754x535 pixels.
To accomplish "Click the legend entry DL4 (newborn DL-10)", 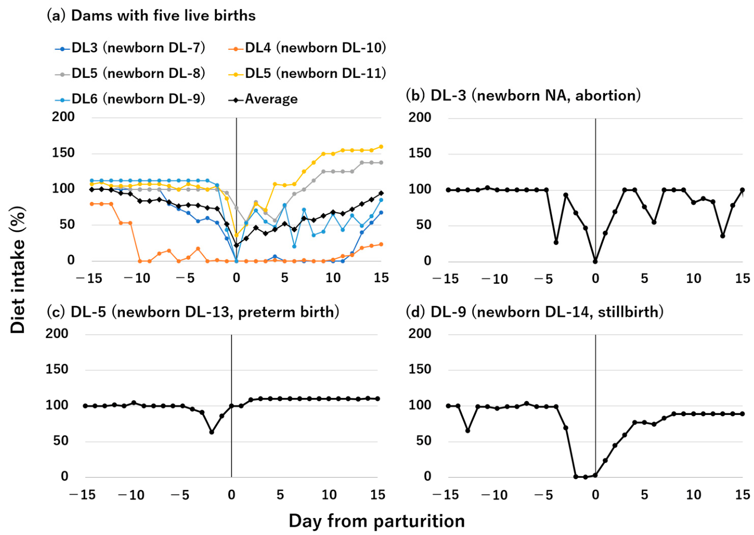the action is point(307,48).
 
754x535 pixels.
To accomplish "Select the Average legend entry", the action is point(263,99).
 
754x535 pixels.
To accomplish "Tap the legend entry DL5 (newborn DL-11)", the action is point(307,73).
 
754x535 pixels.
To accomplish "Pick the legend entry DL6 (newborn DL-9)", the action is point(130,99).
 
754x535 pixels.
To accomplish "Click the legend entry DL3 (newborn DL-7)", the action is point(130,48).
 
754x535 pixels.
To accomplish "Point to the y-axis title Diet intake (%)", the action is point(17,270).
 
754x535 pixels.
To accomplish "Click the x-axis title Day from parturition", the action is point(376,521).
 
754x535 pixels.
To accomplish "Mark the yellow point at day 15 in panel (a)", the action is point(381,147).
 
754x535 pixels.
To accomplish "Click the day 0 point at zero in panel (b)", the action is point(595,261).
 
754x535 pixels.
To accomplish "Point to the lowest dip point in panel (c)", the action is point(212,432).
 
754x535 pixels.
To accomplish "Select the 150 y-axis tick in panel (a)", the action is point(63,153).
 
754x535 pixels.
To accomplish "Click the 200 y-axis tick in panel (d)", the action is point(420,333).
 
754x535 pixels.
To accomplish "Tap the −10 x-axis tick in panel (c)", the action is point(131,495).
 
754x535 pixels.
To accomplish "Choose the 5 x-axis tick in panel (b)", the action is point(644,279).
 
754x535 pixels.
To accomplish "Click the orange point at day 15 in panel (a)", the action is point(381,244).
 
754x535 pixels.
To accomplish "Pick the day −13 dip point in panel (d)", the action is point(468,431).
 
